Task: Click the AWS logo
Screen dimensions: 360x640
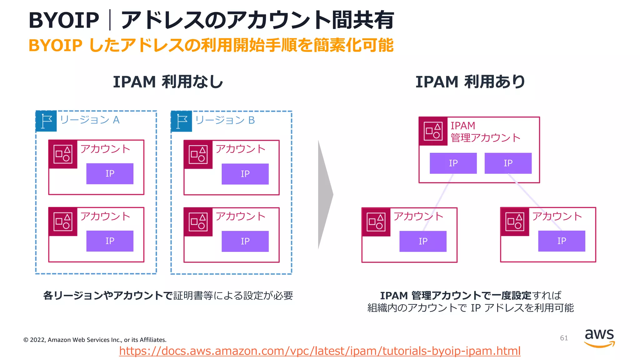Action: click(599, 337)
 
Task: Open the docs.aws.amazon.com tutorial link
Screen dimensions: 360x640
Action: click(320, 351)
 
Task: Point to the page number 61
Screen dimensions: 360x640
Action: click(564, 338)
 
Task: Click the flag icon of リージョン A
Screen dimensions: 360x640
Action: click(46, 121)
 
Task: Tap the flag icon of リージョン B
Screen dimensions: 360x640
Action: click(182, 121)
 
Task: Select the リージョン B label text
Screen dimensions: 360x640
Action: click(225, 120)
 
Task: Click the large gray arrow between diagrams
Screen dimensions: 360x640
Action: click(325, 194)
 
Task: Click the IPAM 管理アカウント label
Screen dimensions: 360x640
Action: click(485, 132)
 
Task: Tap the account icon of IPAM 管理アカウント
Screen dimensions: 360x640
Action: click(433, 131)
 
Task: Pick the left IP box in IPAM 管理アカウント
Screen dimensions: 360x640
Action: click(453, 163)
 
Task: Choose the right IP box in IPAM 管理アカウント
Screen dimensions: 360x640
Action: click(508, 163)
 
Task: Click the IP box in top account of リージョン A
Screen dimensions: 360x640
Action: click(110, 174)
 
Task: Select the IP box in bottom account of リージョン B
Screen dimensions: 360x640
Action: click(245, 241)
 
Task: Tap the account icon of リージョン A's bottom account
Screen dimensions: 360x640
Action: click(63, 222)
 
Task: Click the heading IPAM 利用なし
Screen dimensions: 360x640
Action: click(168, 82)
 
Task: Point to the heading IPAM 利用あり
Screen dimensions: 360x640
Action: click(470, 82)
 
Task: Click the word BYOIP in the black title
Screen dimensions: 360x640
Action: click(64, 20)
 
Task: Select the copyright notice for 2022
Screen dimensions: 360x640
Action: click(95, 340)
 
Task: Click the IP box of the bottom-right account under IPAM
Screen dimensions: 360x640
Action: click(562, 241)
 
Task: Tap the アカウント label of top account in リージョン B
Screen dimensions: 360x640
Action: click(240, 149)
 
